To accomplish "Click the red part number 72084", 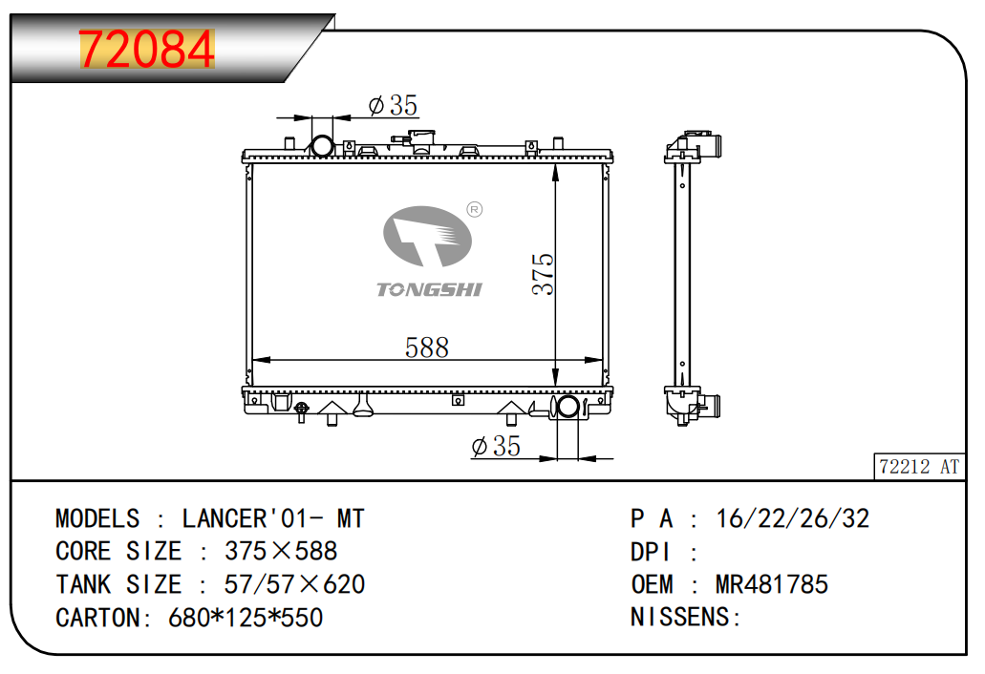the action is pos(147,49).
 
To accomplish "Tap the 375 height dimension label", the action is pos(544,274).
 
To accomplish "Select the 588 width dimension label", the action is pos(426,348).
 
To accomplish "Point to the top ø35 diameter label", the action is pos(394,105).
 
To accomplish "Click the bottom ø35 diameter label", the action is pos(496,446).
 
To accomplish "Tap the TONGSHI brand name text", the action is pos(429,289).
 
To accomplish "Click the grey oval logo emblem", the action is pos(427,236).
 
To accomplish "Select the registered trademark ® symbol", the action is pos(475,210).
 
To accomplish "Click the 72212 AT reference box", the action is pos(920,467).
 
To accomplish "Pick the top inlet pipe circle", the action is pos(322,146).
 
